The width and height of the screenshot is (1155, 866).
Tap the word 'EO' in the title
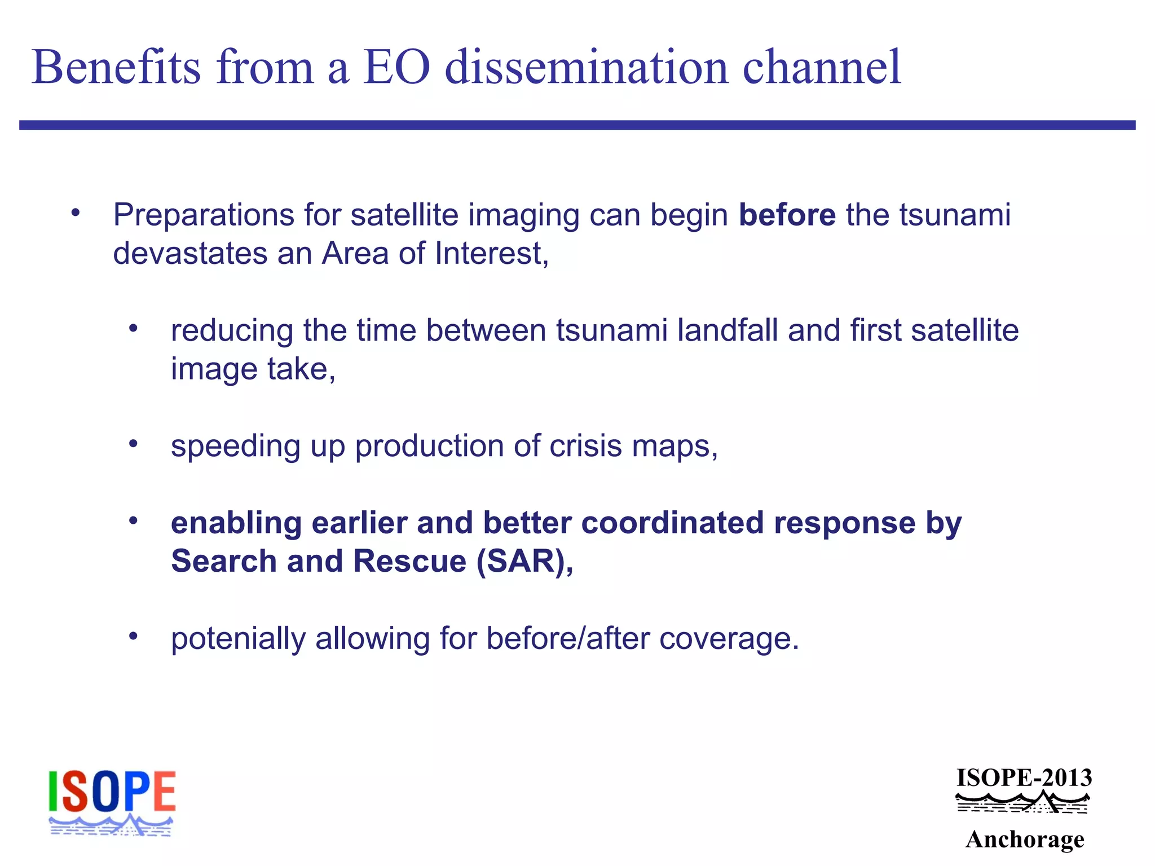[396, 68]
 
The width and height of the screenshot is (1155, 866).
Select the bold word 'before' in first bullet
[787, 215]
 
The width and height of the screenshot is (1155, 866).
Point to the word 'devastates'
[190, 253]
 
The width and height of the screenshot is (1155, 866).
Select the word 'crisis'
[585, 446]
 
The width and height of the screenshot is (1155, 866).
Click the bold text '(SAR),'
[525, 562]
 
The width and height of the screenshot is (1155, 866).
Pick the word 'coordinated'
[672, 523]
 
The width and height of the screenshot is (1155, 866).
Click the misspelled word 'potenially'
[237, 639]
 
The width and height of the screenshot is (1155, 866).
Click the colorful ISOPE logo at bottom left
[112, 802]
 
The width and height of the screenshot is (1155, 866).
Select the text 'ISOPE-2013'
[1024, 778]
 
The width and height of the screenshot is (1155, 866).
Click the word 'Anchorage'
[1025, 840]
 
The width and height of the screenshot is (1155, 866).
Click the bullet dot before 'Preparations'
[76, 213]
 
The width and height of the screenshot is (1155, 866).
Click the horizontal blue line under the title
[577, 125]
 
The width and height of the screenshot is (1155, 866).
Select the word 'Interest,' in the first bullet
[491, 253]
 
